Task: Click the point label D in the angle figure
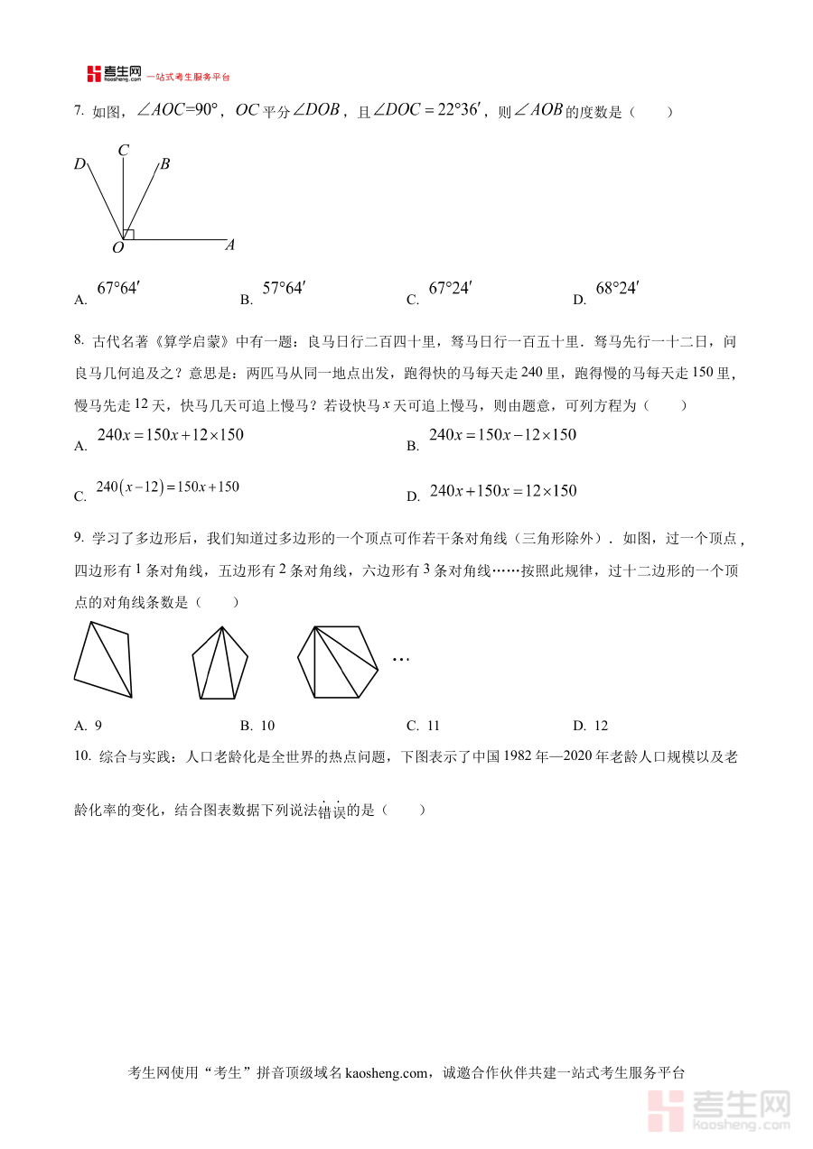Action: pos(79,164)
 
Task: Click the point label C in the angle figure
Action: pos(123,151)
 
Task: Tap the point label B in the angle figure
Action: pos(165,164)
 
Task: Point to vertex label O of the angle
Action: pos(117,247)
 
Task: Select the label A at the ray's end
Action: pos(230,245)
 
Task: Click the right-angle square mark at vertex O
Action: pos(129,235)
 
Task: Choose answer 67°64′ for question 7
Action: pos(118,289)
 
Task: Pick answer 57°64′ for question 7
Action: pos(284,289)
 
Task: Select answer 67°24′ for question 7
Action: pos(450,289)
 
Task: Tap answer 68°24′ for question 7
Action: pos(617,289)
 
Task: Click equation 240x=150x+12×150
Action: pos(170,435)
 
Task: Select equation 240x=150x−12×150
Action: pos(502,435)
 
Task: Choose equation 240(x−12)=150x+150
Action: pos(168,487)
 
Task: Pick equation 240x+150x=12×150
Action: pos(502,491)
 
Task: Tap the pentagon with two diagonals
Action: pos(220,663)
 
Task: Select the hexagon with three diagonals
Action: pos(338,662)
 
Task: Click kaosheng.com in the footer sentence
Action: pos(385,1073)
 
